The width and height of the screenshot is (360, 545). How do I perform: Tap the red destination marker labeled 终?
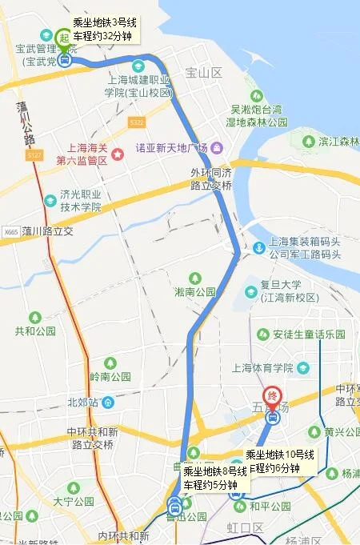[273, 396]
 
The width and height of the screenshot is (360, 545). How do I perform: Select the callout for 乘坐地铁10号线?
[281, 462]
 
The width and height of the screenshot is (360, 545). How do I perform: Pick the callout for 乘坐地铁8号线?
[214, 478]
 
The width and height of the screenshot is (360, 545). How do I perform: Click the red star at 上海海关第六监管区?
[118, 153]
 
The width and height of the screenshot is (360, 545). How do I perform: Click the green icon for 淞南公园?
[183, 278]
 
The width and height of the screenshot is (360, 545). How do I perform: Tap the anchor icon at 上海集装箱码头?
[258, 247]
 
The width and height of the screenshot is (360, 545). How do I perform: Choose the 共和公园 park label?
[35, 331]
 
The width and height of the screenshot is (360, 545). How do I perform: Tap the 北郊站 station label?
[83, 402]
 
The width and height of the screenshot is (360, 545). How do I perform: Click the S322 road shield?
[136, 122]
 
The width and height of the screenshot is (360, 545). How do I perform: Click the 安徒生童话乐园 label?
[309, 334]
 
